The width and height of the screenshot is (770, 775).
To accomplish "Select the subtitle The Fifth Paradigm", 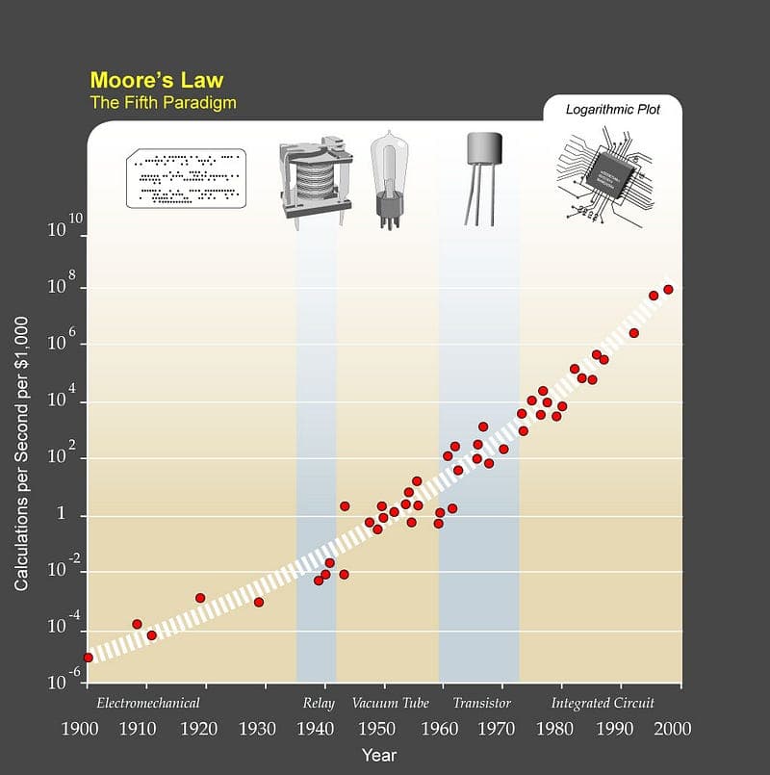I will [163, 102].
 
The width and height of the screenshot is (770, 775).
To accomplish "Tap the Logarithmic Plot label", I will [613, 110].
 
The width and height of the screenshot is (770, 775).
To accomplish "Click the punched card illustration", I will [186, 179].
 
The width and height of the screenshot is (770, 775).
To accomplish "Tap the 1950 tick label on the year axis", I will [382, 729].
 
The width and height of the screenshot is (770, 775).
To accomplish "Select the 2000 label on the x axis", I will [673, 729].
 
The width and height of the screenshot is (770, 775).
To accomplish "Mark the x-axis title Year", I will [379, 756].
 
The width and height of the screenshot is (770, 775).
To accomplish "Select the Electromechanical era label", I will [148, 703].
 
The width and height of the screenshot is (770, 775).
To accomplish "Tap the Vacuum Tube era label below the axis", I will [390, 703].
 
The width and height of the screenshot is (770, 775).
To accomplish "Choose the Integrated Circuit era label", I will [603, 703].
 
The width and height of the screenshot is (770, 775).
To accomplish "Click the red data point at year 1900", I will [88, 658].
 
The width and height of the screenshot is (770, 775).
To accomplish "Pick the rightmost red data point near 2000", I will [668, 289].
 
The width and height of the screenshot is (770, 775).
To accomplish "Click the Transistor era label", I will [481, 703].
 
